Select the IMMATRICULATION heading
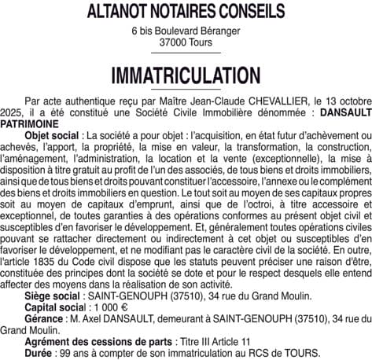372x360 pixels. click(x=186, y=76)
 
